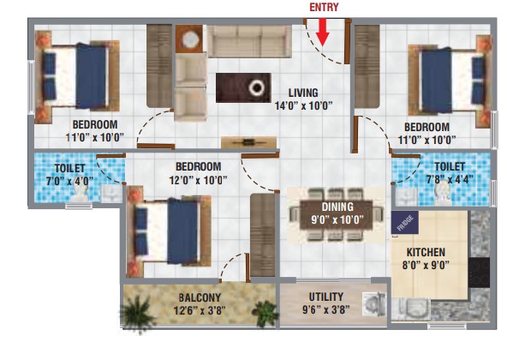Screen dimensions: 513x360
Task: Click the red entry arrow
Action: (x=323, y=32)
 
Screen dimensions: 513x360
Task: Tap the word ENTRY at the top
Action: (x=324, y=7)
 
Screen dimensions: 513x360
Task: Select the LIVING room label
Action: (x=303, y=93)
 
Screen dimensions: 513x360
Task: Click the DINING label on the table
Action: (x=337, y=207)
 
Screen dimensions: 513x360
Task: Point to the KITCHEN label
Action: (x=426, y=252)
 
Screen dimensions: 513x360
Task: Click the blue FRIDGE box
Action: (x=405, y=222)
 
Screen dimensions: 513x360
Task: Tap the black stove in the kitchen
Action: (x=479, y=273)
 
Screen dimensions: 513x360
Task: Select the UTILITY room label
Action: (x=326, y=297)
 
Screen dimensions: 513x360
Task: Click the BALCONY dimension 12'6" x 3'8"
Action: (x=200, y=310)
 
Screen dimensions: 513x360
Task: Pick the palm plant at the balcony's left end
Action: (x=138, y=312)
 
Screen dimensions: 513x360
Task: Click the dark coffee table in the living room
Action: (x=243, y=87)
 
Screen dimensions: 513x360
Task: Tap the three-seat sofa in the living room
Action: (x=249, y=42)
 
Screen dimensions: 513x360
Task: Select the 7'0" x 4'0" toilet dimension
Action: (x=69, y=181)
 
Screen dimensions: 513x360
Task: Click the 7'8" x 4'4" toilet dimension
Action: (x=450, y=179)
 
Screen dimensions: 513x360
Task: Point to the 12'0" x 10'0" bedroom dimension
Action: (x=199, y=180)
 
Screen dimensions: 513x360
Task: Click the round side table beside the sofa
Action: (x=190, y=39)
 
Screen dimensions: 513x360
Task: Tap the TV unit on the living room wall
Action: (x=248, y=142)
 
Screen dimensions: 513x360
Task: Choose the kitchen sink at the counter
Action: (x=412, y=309)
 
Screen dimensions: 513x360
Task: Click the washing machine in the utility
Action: (x=374, y=304)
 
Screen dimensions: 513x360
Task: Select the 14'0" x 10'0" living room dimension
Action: (x=303, y=105)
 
